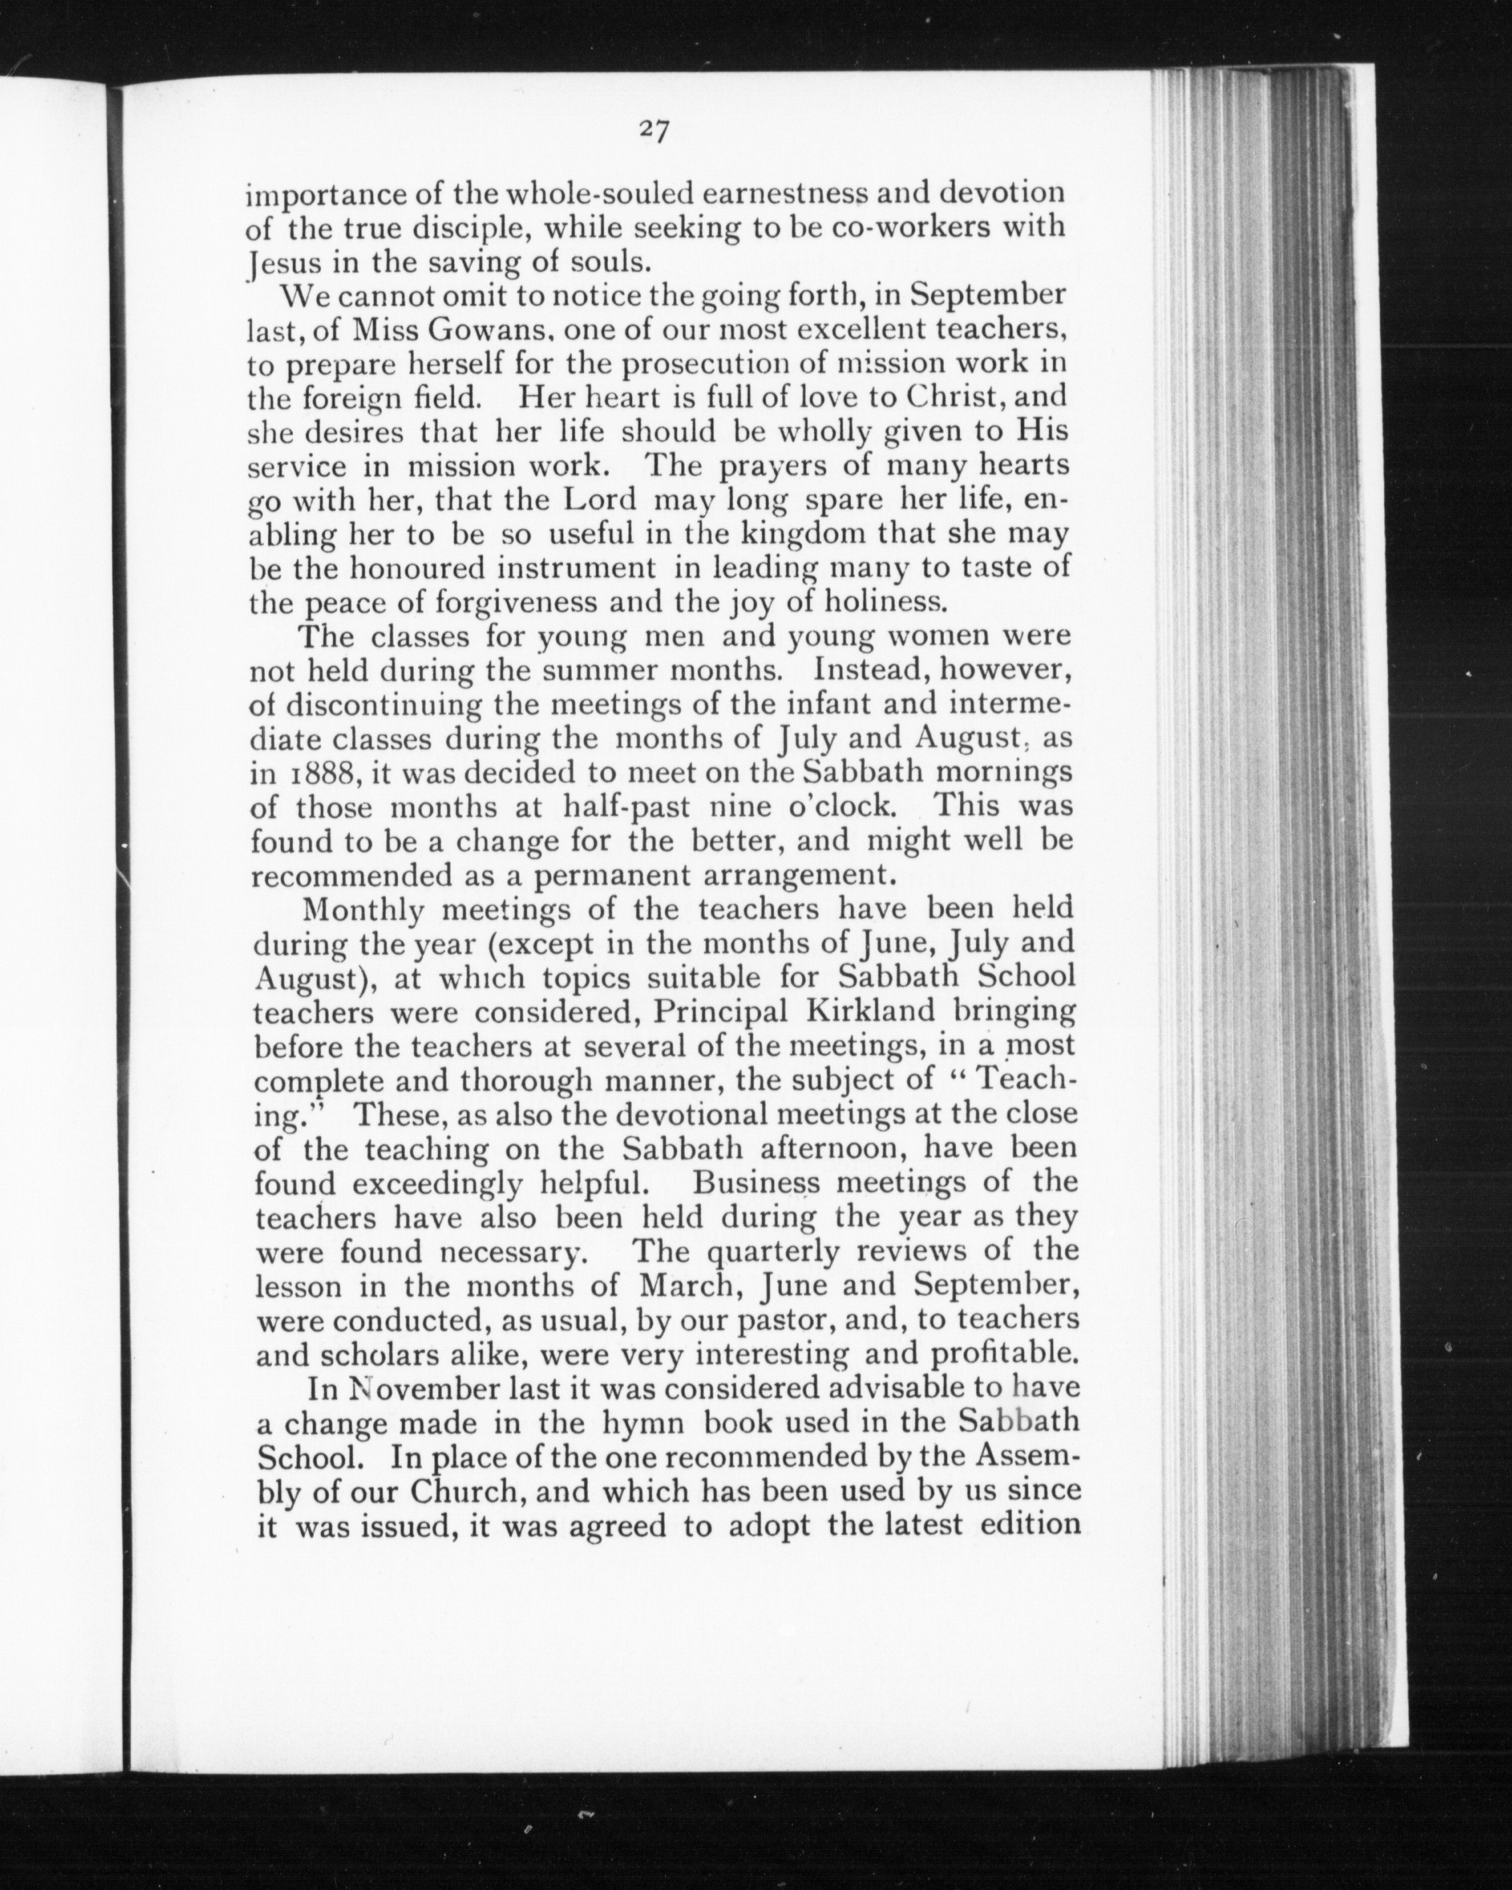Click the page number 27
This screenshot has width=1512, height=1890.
click(655, 131)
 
